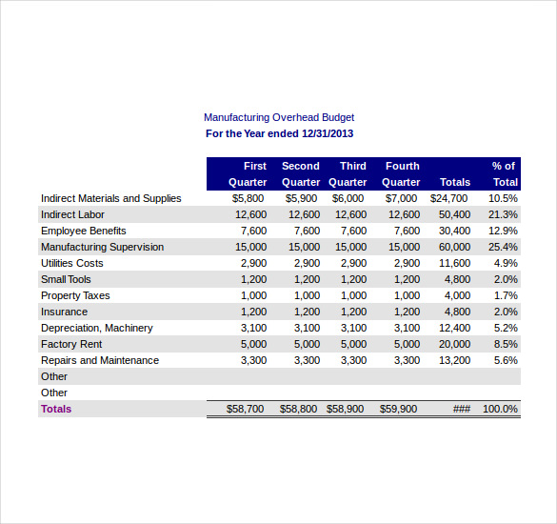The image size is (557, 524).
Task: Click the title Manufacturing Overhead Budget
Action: (279, 117)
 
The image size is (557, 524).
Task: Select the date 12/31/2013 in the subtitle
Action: (327, 134)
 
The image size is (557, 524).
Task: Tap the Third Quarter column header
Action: (348, 173)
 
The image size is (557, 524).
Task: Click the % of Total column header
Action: (504, 173)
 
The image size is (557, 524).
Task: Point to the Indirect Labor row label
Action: (72, 214)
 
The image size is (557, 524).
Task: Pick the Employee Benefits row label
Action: (83, 231)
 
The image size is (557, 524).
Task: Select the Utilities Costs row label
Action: (71, 263)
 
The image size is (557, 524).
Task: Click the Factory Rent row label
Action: (70, 344)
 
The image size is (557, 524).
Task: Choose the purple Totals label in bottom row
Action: (55, 409)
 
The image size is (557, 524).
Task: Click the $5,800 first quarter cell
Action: (249, 198)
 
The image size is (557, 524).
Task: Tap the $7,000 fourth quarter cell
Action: (401, 198)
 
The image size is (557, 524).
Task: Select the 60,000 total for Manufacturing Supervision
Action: (454, 247)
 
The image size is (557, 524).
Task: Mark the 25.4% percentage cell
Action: (503, 247)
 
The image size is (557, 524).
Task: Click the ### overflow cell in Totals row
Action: (462, 409)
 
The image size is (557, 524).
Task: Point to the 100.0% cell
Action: (500, 409)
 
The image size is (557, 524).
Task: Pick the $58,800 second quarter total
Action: (299, 409)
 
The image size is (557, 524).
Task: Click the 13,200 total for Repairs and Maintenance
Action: (454, 360)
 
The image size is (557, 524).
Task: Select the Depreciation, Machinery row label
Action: (96, 328)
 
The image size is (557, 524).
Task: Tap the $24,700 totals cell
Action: (449, 198)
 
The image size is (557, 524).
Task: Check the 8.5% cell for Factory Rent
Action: (506, 344)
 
